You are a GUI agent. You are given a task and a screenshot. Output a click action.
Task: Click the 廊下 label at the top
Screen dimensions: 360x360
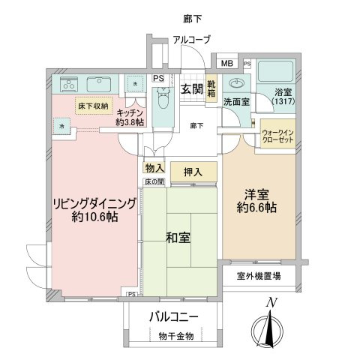pyautogui.click(x=192, y=16)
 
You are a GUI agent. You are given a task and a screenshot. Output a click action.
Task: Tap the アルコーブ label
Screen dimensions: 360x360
pyautogui.click(x=191, y=40)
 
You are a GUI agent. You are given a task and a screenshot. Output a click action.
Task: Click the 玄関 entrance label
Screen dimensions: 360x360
pyautogui.click(x=192, y=89)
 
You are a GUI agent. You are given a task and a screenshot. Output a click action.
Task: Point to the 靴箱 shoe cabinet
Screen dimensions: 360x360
pyautogui.click(x=212, y=90)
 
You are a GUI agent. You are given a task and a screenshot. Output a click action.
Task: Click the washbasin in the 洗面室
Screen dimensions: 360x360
pyautogui.click(x=238, y=83)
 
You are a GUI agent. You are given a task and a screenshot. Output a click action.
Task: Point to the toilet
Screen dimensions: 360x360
pyautogui.click(x=162, y=98)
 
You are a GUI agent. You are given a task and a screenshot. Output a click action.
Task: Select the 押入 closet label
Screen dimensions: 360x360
pyautogui.click(x=193, y=172)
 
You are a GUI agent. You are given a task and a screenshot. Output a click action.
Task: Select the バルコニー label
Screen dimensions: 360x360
pyautogui.click(x=173, y=316)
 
